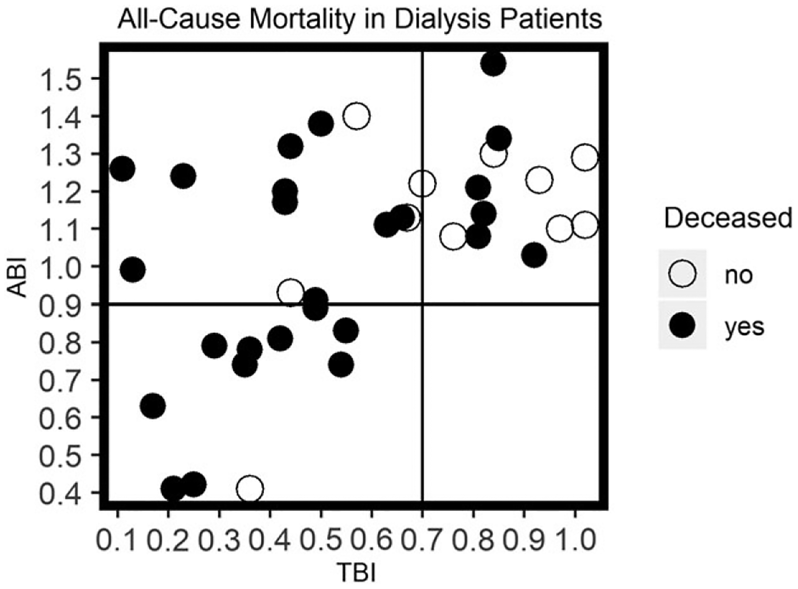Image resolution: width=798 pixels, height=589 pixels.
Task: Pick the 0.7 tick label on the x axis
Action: (x=422, y=540)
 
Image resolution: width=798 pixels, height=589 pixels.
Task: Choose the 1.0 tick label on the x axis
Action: (x=575, y=540)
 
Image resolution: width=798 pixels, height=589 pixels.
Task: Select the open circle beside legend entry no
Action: (x=682, y=274)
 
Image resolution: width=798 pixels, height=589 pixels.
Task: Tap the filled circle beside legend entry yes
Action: (x=682, y=326)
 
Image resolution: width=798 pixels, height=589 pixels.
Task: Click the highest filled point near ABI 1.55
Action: (x=493, y=64)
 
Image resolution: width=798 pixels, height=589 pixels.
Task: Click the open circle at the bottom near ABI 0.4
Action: (x=250, y=489)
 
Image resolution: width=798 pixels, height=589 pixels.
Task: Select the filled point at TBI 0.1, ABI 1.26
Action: (x=122, y=169)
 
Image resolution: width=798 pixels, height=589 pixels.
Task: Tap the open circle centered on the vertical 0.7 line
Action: (x=422, y=183)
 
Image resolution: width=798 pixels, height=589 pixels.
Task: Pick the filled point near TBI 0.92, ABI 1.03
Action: (x=534, y=255)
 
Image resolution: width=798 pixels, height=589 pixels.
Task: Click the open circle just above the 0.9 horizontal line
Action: (x=290, y=292)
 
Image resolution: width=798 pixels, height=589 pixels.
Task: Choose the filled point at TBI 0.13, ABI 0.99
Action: (x=133, y=270)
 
